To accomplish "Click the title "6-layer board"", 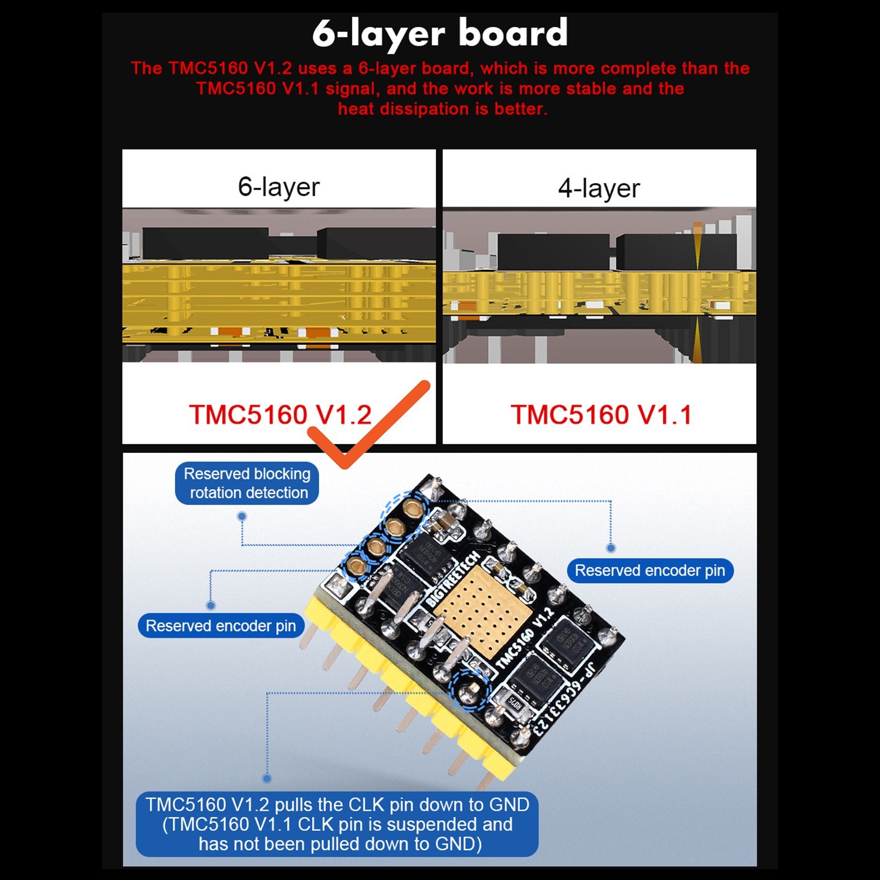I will click(440, 33).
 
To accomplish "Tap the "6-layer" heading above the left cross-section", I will click(279, 187).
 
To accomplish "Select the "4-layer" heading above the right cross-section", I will click(598, 188).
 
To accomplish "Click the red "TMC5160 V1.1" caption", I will click(601, 415).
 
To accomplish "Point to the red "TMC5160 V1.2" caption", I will click(280, 415).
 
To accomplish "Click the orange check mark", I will click(370, 425).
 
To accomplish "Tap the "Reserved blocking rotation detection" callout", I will click(247, 483).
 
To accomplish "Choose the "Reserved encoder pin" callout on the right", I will click(650, 571).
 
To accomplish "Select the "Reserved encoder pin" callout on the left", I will click(221, 626).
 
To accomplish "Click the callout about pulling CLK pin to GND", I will click(337, 824).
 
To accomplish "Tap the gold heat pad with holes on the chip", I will click(485, 611).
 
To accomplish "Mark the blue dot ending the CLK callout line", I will click(267, 779).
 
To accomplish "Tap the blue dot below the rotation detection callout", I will click(242, 517).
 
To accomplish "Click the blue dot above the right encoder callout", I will click(611, 548).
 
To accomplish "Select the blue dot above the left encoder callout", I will click(211, 605).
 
